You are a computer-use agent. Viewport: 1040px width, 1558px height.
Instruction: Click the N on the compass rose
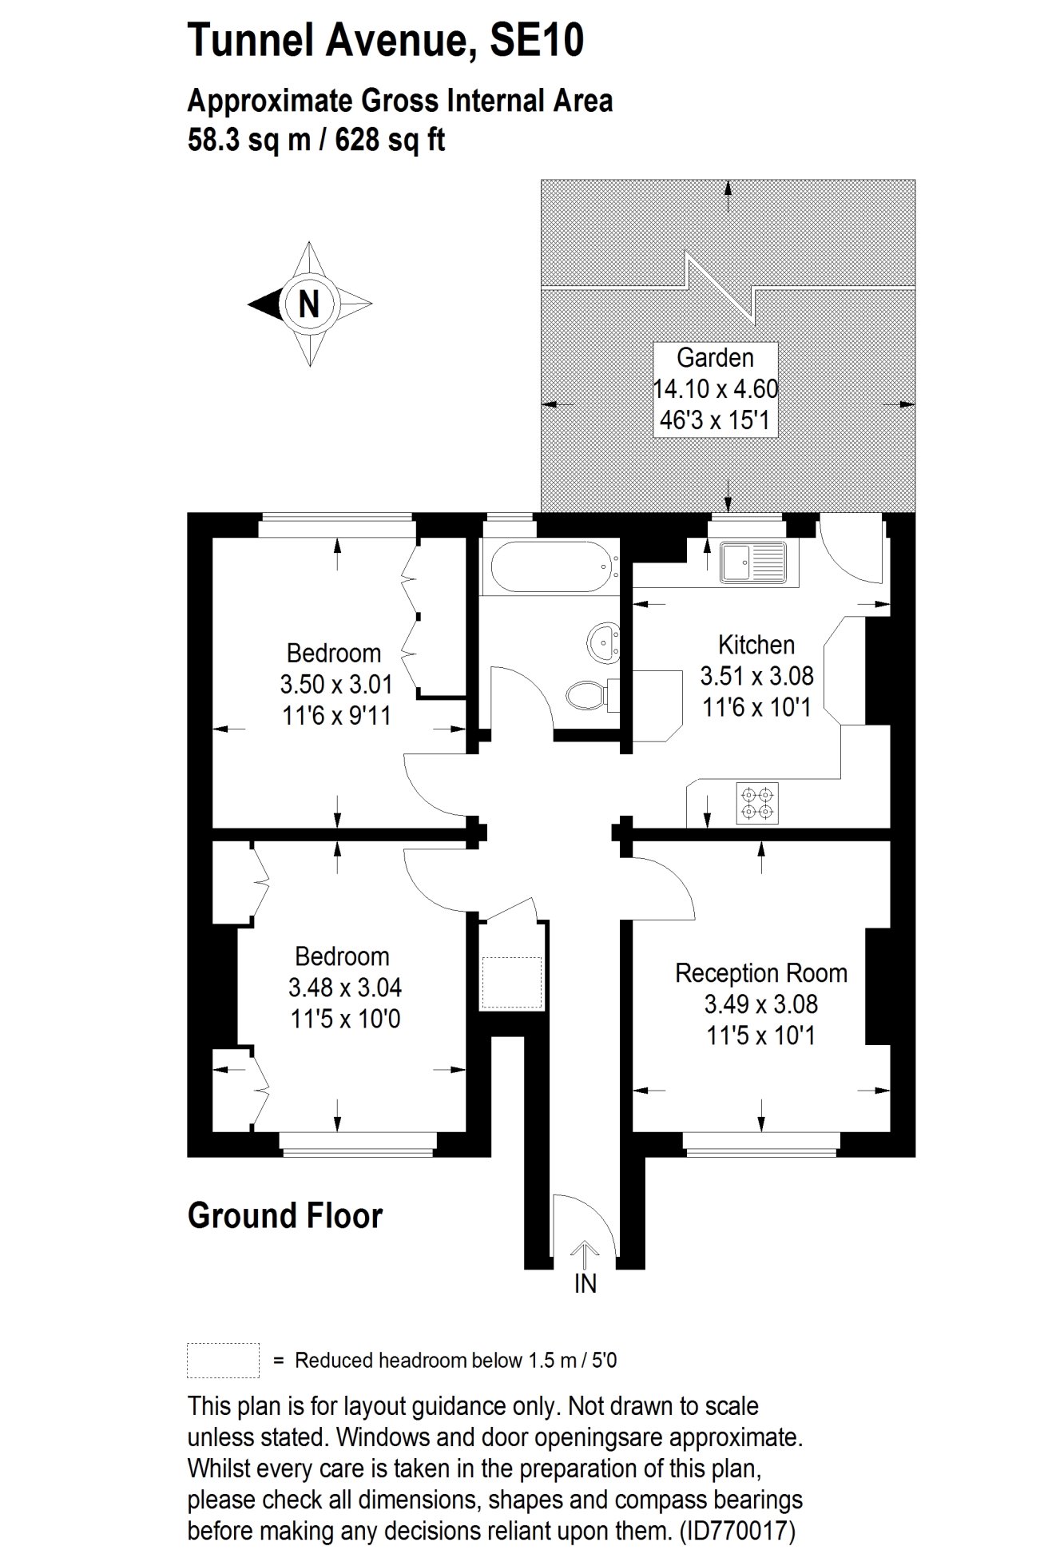309,304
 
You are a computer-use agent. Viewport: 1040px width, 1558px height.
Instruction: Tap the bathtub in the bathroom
553,566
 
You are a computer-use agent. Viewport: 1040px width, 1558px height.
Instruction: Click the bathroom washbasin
602,642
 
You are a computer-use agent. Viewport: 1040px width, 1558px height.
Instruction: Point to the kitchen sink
752,562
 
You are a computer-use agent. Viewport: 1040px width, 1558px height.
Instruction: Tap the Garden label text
715,357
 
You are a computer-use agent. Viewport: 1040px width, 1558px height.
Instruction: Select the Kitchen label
756,644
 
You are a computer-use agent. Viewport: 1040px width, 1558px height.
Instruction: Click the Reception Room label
761,972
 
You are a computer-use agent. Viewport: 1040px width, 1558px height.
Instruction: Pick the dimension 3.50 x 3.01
336,684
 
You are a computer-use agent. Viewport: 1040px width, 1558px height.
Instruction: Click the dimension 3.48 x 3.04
345,987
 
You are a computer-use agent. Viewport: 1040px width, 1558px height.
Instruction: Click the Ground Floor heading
285,1215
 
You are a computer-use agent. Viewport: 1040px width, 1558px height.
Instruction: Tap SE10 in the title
537,40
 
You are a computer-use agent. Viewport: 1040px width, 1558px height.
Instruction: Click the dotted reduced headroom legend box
223,1360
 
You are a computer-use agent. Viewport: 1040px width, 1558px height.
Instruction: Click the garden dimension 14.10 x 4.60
716,388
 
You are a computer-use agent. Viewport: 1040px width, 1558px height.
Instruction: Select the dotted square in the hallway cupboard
512,983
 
